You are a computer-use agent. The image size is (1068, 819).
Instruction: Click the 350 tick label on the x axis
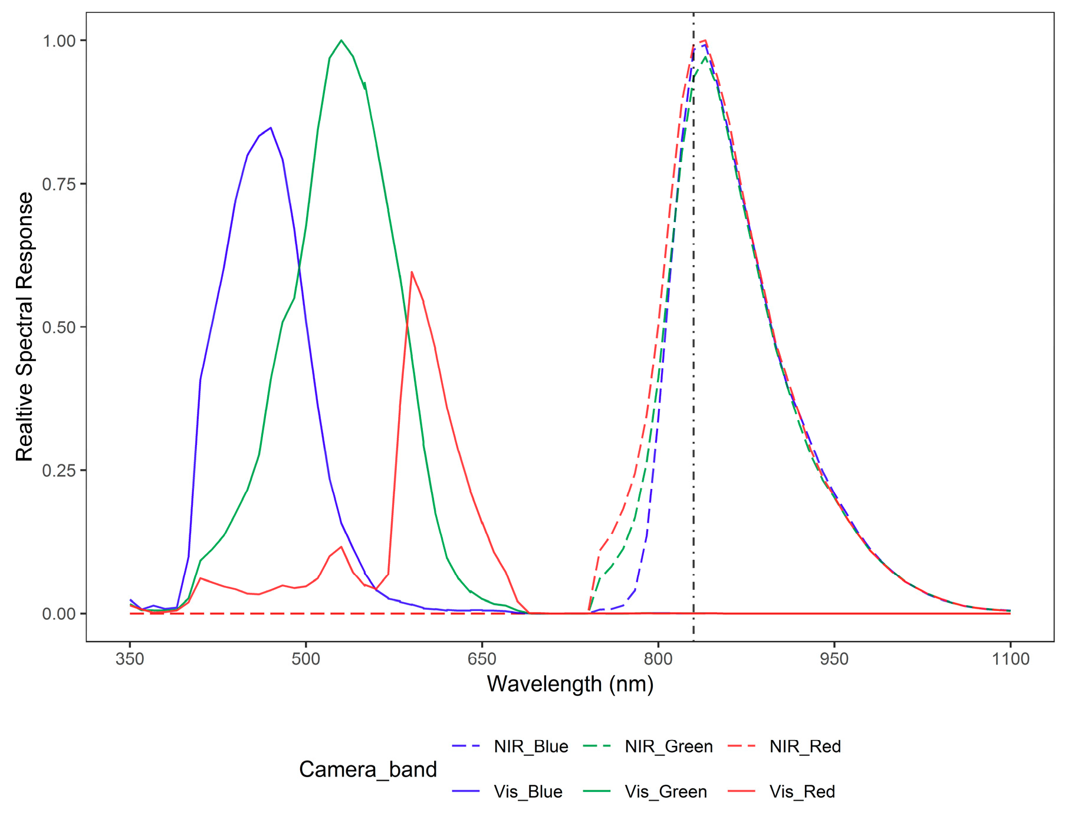[130, 659]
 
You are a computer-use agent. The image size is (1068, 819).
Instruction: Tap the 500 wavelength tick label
[305, 659]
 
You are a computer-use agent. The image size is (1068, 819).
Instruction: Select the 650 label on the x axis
[482, 659]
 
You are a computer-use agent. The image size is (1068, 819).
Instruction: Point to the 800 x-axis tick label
[658, 659]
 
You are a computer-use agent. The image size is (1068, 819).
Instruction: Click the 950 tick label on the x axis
[834, 659]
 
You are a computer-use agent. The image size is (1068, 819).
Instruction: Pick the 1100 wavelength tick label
[1010, 659]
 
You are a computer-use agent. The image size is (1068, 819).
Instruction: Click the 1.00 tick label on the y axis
[59, 41]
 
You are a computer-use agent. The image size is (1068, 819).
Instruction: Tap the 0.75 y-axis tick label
[59, 184]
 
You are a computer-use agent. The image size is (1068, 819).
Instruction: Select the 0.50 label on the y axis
[59, 327]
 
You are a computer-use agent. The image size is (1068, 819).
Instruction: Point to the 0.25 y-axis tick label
[59, 470]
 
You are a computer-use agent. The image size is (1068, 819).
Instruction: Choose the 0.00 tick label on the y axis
[59, 613]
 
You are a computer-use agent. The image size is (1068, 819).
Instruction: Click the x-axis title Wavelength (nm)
[570, 684]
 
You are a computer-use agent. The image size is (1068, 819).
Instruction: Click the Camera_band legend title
[368, 770]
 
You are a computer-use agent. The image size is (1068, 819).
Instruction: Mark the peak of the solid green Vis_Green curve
[341, 41]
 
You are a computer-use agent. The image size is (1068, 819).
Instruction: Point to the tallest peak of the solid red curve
[412, 272]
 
